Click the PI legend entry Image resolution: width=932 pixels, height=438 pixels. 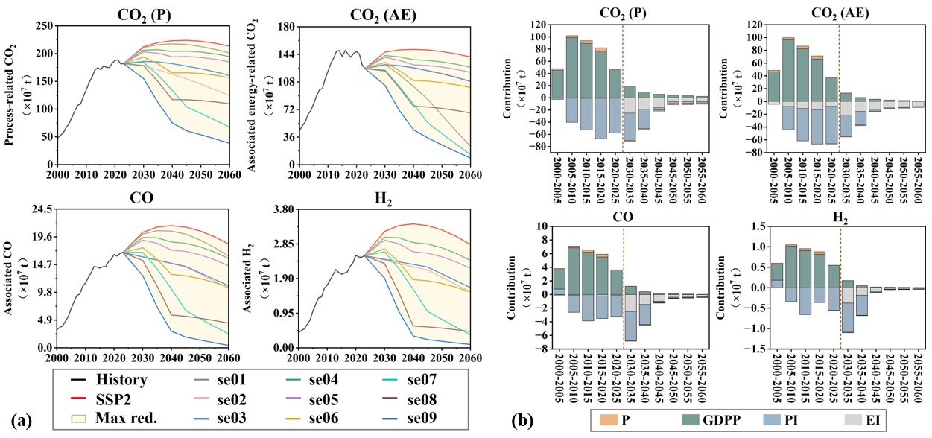coord(795,421)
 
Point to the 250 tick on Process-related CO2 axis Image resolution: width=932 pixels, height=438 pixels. coord(44,26)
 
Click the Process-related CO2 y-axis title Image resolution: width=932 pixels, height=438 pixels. coord(10,95)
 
